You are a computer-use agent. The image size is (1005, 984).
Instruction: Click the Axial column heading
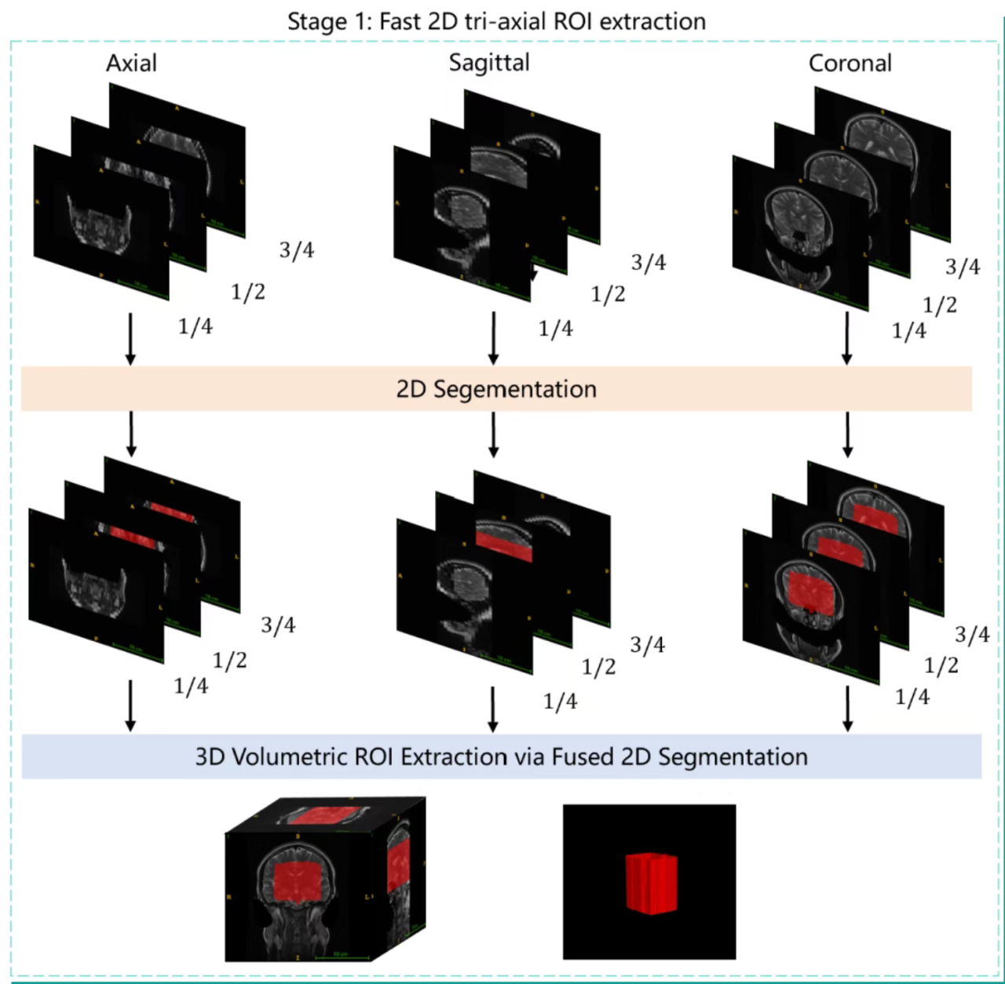(131, 63)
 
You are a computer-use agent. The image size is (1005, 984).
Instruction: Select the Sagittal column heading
(489, 63)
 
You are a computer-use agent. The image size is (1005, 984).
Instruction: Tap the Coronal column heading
(850, 63)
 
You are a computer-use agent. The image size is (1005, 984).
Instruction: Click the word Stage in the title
(316, 21)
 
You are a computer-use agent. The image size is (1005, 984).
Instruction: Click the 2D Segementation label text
(496, 389)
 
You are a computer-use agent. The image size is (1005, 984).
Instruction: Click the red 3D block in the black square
(651, 884)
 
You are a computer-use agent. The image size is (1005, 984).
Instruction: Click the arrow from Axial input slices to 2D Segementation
(130, 338)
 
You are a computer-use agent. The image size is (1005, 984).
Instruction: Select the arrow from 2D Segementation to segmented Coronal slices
(847, 435)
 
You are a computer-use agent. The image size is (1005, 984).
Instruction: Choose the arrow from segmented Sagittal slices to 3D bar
(493, 709)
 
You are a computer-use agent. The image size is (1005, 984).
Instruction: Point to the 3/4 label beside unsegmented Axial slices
(297, 250)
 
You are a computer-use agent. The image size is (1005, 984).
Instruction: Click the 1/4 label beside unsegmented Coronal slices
(909, 331)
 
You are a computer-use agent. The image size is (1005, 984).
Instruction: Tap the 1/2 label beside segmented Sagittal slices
(598, 667)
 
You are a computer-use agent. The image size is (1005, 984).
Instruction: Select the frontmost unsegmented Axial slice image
(100, 224)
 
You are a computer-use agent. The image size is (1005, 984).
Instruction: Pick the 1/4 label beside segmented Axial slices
(191, 686)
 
